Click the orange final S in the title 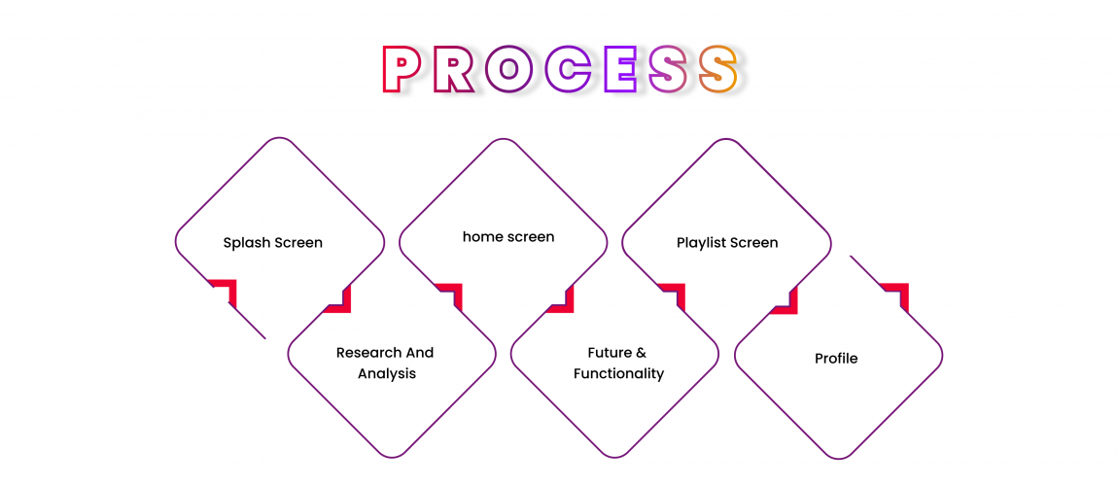(x=719, y=70)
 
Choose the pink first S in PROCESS (x=671, y=70)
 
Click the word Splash (x=246, y=243)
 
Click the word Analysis (x=386, y=374)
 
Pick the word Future (x=610, y=353)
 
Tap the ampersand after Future (x=641, y=353)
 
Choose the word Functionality (x=618, y=374)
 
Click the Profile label (x=836, y=359)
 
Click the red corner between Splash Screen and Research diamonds (x=226, y=291)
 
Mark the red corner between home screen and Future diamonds (x=451, y=293)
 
